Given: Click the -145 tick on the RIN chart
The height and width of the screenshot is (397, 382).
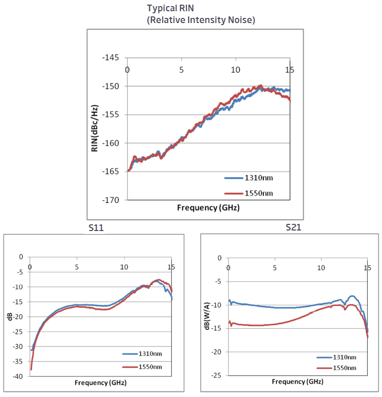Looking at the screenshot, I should (x=110, y=57).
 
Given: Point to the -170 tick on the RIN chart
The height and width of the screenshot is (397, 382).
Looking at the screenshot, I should (x=110, y=200).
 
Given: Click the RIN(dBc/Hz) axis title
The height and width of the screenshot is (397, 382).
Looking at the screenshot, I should (x=96, y=128).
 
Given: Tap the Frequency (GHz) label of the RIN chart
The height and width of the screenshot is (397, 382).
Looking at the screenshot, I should (x=208, y=208).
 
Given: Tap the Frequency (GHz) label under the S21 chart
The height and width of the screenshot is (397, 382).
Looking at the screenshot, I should (x=298, y=382).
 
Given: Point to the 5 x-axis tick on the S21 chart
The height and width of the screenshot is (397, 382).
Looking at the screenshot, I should (x=275, y=267).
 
